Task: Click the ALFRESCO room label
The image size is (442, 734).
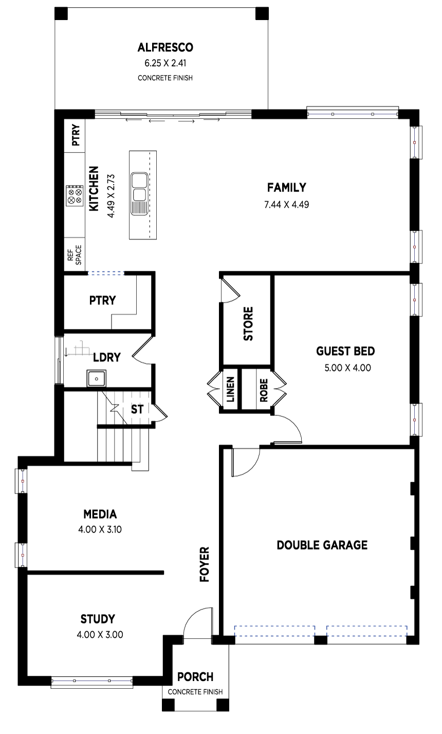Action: point(165,47)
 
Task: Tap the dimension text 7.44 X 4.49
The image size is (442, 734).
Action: point(286,205)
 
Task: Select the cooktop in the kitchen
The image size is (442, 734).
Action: point(75,196)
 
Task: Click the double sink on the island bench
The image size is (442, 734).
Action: point(140,194)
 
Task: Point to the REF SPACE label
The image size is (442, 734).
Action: point(75,254)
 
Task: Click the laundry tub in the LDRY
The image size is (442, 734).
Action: point(96,378)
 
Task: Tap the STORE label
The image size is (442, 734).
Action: point(248,324)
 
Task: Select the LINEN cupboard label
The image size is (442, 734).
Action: point(230,389)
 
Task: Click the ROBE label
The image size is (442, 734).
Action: point(264,390)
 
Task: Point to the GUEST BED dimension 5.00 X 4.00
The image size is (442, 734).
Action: point(347,368)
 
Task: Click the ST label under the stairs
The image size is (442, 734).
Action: point(137,409)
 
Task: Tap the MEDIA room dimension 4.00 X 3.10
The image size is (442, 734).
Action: point(100,529)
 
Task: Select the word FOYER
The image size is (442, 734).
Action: point(205,564)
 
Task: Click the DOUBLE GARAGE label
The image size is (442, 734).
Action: point(322,545)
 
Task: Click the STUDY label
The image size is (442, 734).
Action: point(98,619)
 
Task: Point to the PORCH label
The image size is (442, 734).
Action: point(195,676)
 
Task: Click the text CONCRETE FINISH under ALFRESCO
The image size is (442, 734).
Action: point(165,78)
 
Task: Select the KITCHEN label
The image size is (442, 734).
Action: point(94,189)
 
